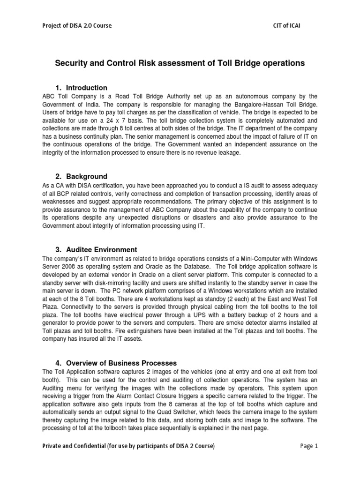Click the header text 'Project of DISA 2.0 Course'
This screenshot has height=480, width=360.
point(77,25)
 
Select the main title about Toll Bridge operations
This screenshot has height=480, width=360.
point(180,62)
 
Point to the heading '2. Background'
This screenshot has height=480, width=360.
point(81,176)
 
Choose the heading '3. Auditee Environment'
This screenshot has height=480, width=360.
point(96,249)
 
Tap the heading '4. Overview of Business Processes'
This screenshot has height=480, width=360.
point(116,362)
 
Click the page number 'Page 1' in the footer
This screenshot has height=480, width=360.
point(308,446)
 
